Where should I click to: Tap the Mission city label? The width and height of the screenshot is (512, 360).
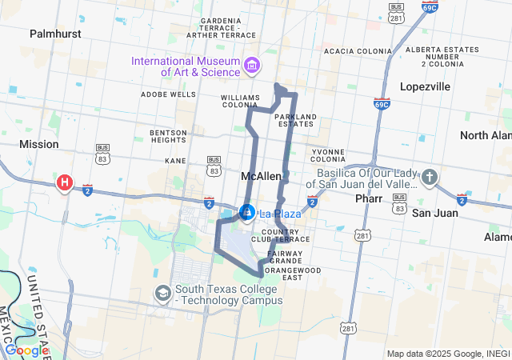click(x=39, y=144)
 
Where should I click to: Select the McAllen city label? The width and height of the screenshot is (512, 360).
click(x=261, y=175)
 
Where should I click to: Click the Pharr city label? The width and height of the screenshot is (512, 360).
click(x=369, y=197)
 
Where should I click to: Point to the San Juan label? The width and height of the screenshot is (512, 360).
click(x=435, y=213)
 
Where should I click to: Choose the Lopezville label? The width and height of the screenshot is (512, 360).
click(x=426, y=86)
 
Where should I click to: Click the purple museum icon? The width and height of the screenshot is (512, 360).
click(x=252, y=64)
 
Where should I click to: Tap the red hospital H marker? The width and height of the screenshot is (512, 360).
click(x=64, y=183)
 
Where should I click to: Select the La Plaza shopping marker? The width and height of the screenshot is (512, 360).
click(x=247, y=213)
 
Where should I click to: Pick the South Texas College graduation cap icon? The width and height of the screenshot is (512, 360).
click(x=163, y=294)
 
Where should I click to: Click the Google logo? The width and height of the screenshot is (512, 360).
click(x=27, y=350)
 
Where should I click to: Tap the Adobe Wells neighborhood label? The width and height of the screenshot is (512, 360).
click(x=168, y=94)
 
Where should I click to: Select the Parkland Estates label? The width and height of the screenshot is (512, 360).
click(x=296, y=120)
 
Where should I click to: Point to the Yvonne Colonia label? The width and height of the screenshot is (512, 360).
click(x=328, y=154)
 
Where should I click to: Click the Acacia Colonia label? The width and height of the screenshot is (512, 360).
click(x=358, y=51)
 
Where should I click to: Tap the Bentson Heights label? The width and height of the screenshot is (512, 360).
click(x=168, y=136)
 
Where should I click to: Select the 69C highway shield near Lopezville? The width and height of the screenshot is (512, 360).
click(x=382, y=103)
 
